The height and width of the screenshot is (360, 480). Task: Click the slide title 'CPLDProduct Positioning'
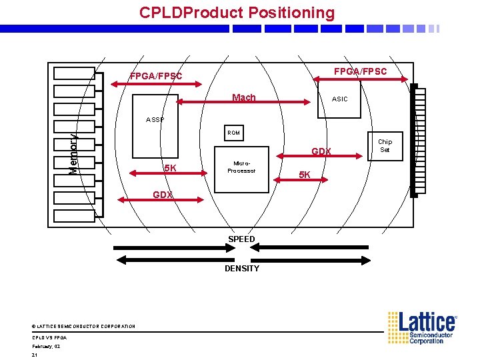(x=237, y=13)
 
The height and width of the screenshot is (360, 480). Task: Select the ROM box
(x=233, y=134)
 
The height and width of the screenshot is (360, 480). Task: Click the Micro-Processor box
(x=241, y=167)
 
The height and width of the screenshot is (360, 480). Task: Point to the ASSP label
(x=155, y=120)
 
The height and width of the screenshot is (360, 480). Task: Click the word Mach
(x=243, y=98)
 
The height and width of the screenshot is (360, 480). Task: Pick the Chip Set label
(x=385, y=145)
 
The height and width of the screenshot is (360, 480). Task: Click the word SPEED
(x=241, y=239)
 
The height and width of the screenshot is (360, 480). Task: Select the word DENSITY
(x=241, y=269)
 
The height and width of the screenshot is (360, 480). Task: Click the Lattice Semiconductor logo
(x=423, y=327)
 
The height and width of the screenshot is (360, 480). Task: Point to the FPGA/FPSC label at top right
(x=360, y=71)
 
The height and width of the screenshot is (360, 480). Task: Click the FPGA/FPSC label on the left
(x=155, y=77)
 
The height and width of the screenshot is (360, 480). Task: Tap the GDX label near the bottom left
(x=163, y=195)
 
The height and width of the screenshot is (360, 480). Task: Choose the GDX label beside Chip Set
(x=321, y=152)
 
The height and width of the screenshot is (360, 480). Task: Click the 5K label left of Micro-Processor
(x=170, y=169)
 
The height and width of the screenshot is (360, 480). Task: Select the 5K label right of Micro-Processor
(x=304, y=175)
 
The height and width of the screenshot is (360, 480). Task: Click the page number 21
(x=35, y=355)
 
